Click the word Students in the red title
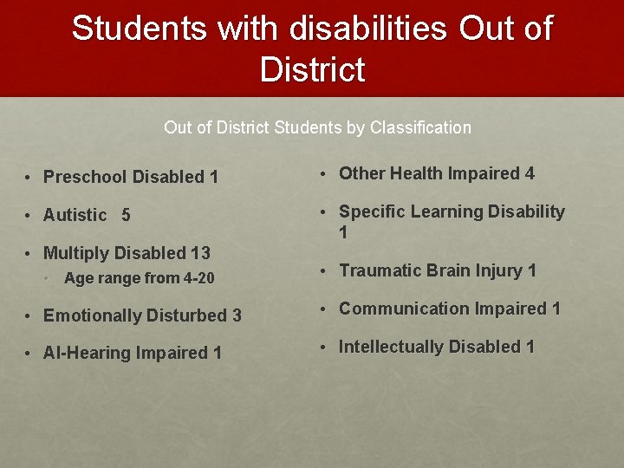(139, 29)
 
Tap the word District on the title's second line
(312, 69)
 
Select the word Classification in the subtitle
(420, 127)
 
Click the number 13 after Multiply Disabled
(200, 253)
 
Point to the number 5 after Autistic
(126, 215)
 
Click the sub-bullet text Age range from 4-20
(139, 278)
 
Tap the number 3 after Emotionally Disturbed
(237, 315)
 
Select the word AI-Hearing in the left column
(84, 354)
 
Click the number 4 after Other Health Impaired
(529, 173)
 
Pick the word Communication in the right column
(399, 309)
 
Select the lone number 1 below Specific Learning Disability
(344, 232)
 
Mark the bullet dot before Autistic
(29, 215)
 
